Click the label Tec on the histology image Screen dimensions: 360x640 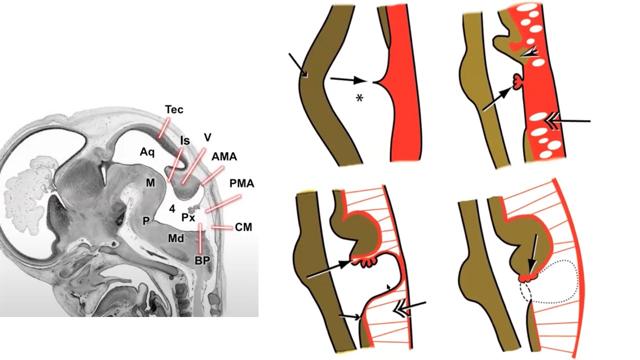(174, 110)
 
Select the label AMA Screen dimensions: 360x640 (224, 156)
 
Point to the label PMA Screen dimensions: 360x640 (242, 183)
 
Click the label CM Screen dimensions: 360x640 (243, 227)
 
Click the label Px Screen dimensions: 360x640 (188, 217)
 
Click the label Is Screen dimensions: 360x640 (185, 141)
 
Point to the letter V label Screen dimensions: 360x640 (207, 136)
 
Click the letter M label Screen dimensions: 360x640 (150, 183)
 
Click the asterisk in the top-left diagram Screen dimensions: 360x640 (359, 98)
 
